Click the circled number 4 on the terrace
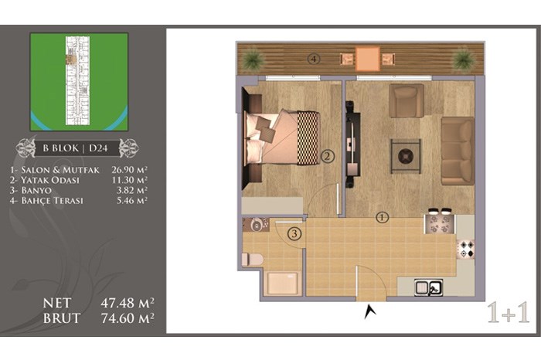tap(314, 59)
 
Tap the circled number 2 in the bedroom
tap(328, 157)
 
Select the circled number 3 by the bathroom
tap(294, 234)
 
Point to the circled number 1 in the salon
tap(382, 218)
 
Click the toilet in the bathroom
tap(252, 260)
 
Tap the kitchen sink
tap(429, 287)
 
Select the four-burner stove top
tap(465, 248)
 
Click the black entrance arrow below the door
tap(370, 311)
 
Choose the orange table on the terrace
tap(367, 59)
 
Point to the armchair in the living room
tap(406, 100)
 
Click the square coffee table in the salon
tap(406, 156)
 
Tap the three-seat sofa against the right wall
tap(458, 151)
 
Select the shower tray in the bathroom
tap(283, 284)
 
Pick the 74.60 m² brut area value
tap(128, 318)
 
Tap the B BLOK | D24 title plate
tap(77, 148)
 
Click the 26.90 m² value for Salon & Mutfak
tap(130, 170)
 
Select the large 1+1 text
tap(509, 313)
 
